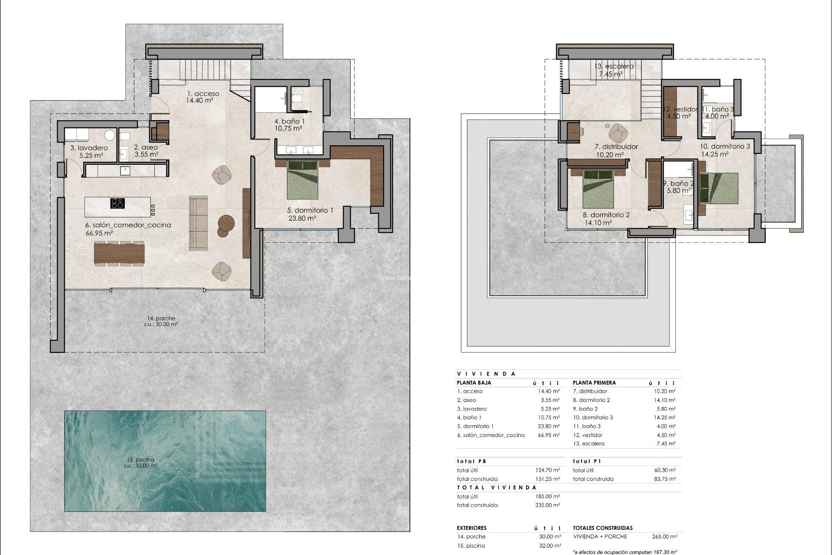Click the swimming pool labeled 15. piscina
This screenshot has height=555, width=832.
[165, 461]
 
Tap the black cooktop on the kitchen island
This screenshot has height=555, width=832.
[117, 203]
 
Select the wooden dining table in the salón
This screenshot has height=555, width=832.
[119, 254]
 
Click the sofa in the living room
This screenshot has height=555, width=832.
[198, 223]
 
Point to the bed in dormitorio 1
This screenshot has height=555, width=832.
[303, 179]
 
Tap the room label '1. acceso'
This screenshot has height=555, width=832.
[203, 94]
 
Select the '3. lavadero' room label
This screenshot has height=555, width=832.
[89, 148]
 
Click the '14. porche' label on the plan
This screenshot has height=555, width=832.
[161, 318]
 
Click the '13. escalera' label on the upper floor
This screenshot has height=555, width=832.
[614, 66]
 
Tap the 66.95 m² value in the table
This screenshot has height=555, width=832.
[549, 435]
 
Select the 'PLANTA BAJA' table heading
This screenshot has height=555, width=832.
[474, 383]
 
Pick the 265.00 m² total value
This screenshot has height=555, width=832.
[664, 536]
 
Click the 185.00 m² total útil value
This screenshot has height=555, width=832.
[548, 496]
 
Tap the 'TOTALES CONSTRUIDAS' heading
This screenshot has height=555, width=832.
[602, 528]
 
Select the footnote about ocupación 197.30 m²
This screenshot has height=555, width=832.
[624, 552]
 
